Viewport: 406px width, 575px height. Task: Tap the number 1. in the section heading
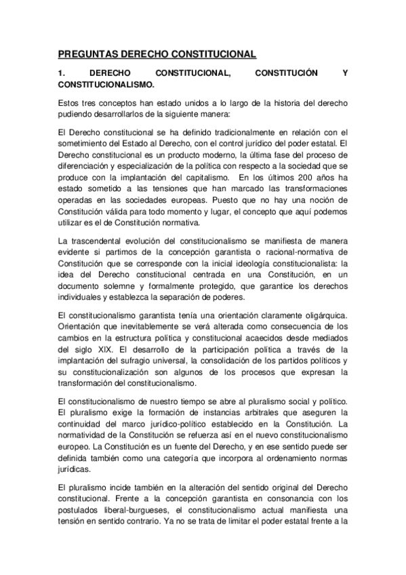click(x=61, y=73)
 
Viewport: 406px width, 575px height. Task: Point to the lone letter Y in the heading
click(x=345, y=73)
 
